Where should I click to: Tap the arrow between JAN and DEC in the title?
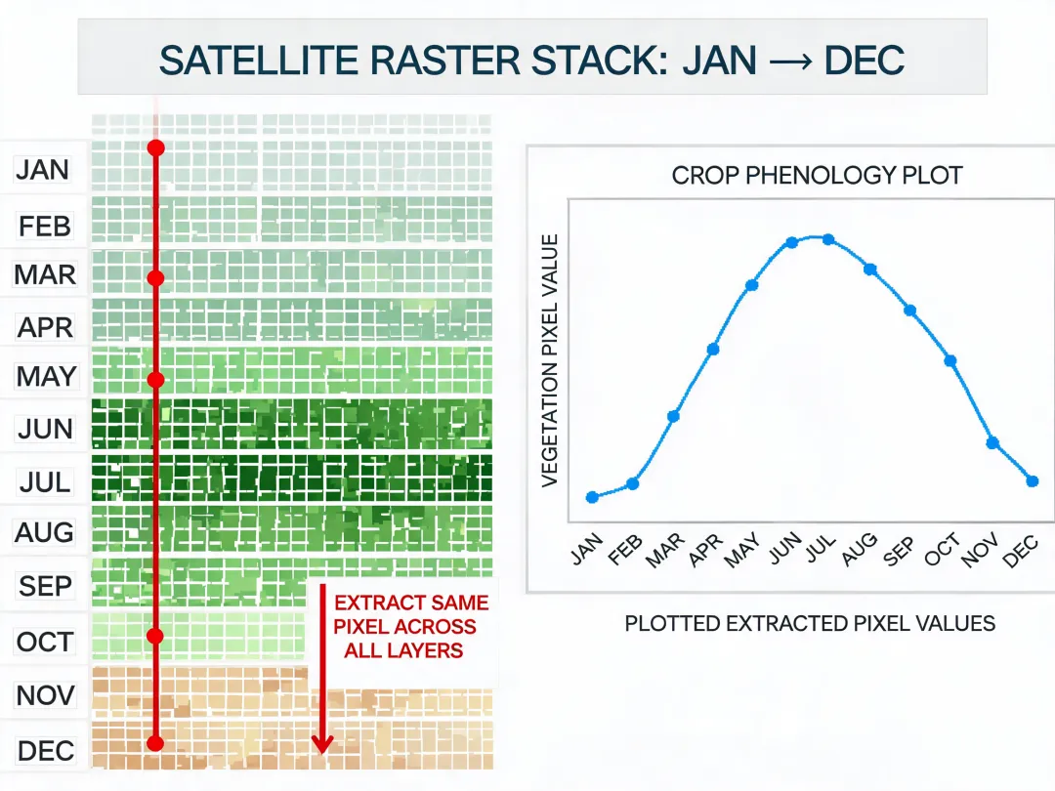point(790,62)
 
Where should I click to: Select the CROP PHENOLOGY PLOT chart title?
point(817,176)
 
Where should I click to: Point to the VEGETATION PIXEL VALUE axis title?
point(550,360)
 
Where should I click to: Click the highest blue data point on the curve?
point(828,239)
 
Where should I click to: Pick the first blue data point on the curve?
point(592,498)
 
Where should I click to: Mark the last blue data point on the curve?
point(1033,480)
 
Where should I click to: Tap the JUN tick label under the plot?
point(785,548)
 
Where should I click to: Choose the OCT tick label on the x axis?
point(942,548)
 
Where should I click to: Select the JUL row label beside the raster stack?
point(45,482)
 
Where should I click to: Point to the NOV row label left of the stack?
point(45,695)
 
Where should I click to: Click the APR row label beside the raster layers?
point(45,327)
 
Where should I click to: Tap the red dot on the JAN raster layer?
point(156,148)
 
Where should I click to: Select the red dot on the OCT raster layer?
point(155,636)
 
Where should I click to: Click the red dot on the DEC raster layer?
point(155,743)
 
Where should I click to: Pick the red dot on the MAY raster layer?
point(156,380)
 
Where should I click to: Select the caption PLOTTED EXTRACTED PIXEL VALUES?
point(810,623)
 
